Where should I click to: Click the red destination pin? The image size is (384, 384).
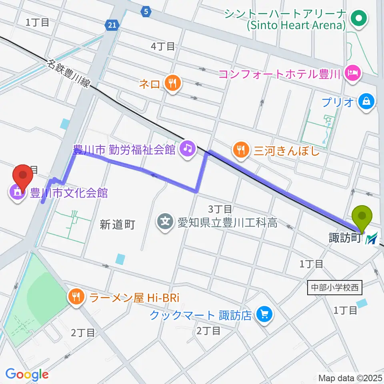(x=23, y=176)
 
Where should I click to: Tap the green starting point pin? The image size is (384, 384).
(x=363, y=216)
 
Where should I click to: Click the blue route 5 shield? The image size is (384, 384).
(x=146, y=12)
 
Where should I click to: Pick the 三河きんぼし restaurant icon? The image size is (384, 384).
(x=241, y=150)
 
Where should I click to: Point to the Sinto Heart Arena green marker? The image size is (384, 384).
(x=358, y=18)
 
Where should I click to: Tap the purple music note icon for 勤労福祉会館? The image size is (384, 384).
(x=186, y=149)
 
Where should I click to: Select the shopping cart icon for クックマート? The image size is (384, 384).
(x=264, y=315)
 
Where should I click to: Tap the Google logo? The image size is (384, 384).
(x=27, y=374)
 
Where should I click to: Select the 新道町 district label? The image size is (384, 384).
(x=117, y=225)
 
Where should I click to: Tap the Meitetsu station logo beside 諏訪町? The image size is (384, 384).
(x=372, y=239)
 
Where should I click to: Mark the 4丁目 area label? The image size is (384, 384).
(x=163, y=46)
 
